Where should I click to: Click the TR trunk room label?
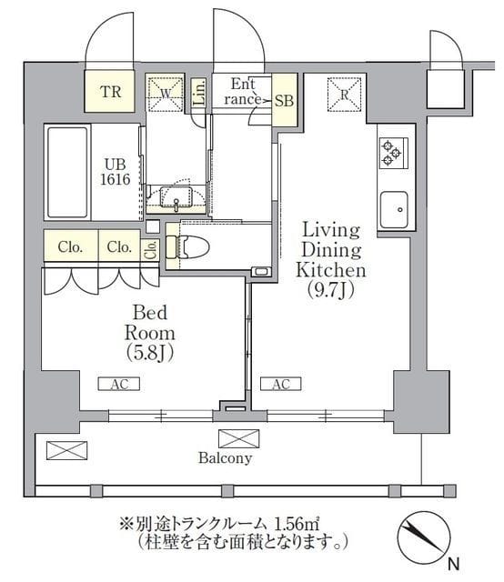coord(110,91)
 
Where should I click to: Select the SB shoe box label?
coord(284,100)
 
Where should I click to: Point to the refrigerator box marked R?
coord(345,92)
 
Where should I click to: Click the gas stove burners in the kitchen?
coord(392,152)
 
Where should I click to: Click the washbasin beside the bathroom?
coord(176,196)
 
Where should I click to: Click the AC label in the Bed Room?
coord(120,385)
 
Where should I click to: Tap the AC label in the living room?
coord(281,385)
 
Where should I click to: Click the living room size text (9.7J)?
coord(332,291)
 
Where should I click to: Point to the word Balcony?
coord(225,459)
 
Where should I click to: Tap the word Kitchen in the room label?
coord(332,270)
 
